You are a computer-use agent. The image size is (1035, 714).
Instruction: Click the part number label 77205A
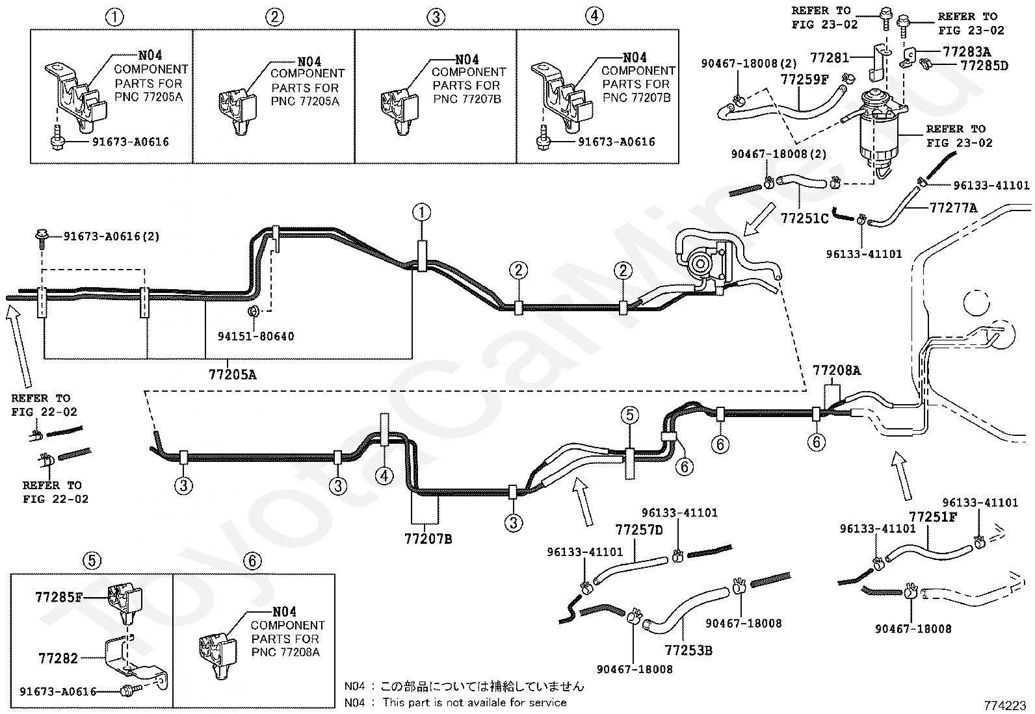pos(232,375)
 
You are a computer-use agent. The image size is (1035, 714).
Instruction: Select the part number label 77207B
pos(428,539)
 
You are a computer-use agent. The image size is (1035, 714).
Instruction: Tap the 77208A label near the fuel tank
pos(836,371)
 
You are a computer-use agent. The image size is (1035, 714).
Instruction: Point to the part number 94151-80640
pos(255,336)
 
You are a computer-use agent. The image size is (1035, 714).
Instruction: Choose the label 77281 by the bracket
pos(830,58)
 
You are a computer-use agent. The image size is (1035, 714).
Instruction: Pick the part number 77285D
pos(984,65)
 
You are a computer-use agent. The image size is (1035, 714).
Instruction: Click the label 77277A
pos(953,208)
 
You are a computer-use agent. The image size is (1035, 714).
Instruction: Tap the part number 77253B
pos(688,650)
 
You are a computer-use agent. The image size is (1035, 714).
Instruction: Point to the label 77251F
pos(933,517)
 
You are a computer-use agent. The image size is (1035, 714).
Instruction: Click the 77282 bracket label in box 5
pos(58,658)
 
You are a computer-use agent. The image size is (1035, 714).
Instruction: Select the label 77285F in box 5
pos(59,597)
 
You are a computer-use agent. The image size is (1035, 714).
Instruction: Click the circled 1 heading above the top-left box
pos(115,17)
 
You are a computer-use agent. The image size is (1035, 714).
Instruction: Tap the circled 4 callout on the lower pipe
pos(384,476)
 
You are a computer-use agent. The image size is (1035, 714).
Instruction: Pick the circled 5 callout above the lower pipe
pos(629,414)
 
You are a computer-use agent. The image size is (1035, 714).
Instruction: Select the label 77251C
pos(804,218)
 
